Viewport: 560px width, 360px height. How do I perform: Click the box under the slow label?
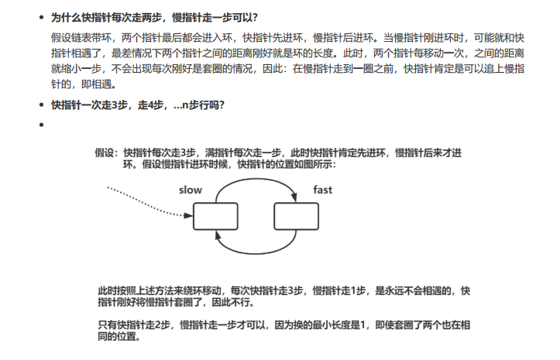tap(215, 217)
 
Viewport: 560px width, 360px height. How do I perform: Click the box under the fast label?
tap(297, 217)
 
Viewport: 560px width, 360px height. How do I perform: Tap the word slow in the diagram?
tap(190, 190)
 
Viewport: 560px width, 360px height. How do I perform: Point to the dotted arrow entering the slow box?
tap(147, 198)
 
